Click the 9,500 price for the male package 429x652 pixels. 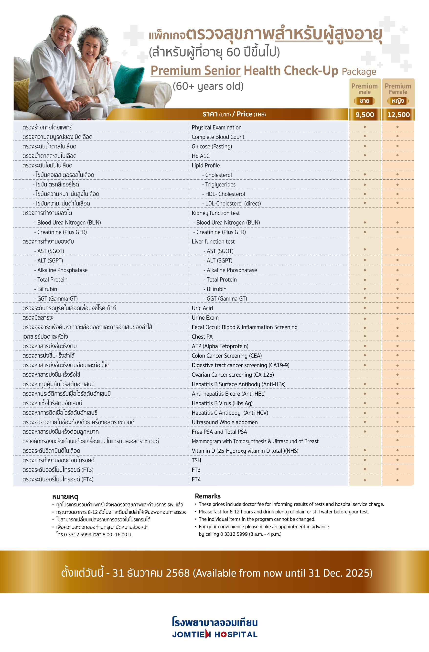tap(365, 115)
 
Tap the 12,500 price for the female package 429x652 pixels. tap(398, 115)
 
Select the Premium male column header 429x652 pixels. tap(364, 89)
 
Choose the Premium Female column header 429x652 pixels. tap(398, 89)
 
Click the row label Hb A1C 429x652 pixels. tap(201, 156)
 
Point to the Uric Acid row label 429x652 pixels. tap(202, 308)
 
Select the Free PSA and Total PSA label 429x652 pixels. tap(219, 432)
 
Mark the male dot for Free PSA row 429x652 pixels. tap(365, 432)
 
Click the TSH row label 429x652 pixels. tap(196, 460)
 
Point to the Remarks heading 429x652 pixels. tap(208, 496)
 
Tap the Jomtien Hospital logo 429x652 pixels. tap(215, 627)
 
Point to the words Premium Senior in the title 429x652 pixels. tap(195, 71)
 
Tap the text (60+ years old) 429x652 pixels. tap(208, 86)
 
